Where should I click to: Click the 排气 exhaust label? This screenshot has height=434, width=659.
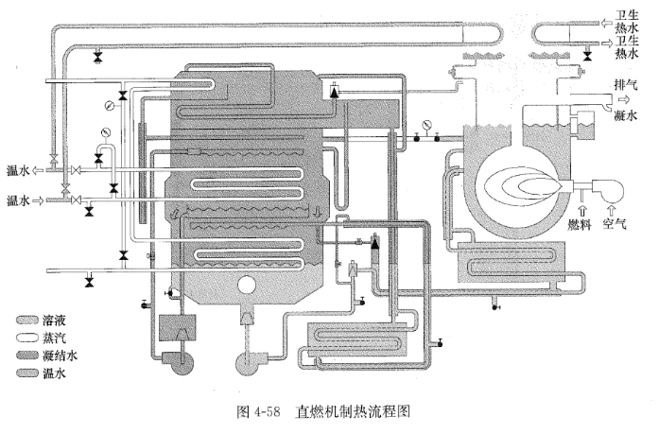click(627, 82)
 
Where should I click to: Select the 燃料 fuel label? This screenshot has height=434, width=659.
click(579, 225)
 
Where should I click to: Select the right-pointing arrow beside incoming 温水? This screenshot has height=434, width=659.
click(37, 200)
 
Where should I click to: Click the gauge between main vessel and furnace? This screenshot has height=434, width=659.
click(428, 125)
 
